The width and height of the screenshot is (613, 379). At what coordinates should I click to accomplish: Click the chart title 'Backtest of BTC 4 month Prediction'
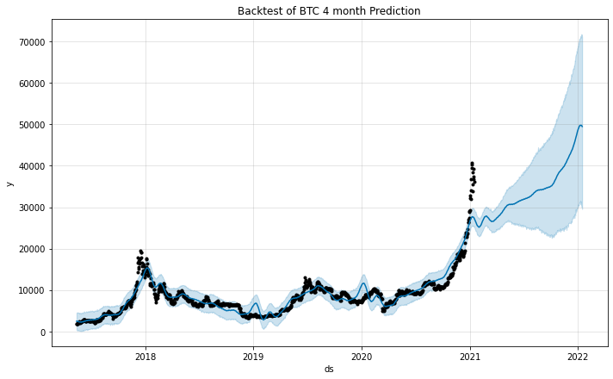pyautogui.click(x=329, y=11)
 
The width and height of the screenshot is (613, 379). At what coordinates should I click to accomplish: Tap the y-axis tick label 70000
pyautogui.click(x=32, y=42)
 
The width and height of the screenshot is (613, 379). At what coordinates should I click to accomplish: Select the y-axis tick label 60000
pyautogui.click(x=32, y=84)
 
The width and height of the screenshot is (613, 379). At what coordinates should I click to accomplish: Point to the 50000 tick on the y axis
pyautogui.click(x=32, y=125)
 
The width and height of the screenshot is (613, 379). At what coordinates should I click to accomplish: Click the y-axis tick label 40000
pyautogui.click(x=32, y=166)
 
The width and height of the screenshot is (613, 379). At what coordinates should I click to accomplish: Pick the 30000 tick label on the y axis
pyautogui.click(x=32, y=208)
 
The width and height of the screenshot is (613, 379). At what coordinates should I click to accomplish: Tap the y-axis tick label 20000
pyautogui.click(x=32, y=249)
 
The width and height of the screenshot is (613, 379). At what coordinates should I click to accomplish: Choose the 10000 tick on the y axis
pyautogui.click(x=32, y=290)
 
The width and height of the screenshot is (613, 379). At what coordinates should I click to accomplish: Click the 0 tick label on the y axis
pyautogui.click(x=43, y=332)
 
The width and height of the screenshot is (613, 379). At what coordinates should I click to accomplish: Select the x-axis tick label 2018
pyautogui.click(x=145, y=355)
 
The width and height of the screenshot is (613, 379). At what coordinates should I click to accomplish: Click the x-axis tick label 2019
pyautogui.click(x=253, y=355)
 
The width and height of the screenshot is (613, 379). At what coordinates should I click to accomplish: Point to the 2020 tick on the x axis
pyautogui.click(x=362, y=355)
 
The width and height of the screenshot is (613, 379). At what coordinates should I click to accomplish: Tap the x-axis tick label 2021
pyautogui.click(x=470, y=355)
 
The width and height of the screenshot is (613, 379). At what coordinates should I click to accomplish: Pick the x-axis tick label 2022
pyautogui.click(x=579, y=355)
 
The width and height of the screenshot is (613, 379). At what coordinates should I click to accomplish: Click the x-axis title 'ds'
pyautogui.click(x=329, y=369)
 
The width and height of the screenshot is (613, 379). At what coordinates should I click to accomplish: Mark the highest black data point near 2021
pyautogui.click(x=472, y=163)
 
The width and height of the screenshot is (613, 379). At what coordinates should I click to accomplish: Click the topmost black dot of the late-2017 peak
pyautogui.click(x=140, y=251)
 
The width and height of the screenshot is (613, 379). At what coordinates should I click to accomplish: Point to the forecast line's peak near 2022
pyautogui.click(x=579, y=126)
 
